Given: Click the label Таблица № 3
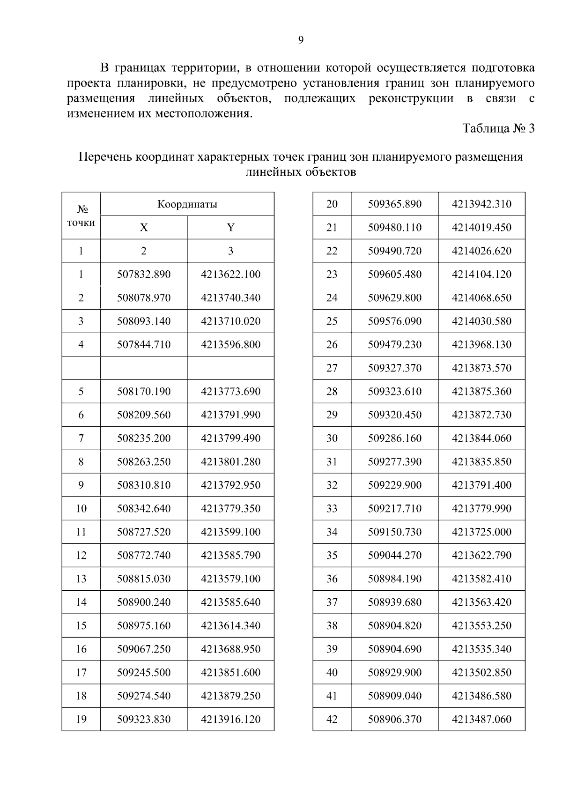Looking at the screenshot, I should [x=498, y=128].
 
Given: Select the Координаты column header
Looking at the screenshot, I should [x=187, y=204].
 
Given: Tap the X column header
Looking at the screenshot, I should [x=144, y=228].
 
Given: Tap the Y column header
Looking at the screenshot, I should [x=230, y=228].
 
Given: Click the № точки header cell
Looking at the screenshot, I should [x=81, y=216].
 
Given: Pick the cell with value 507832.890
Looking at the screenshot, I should [x=144, y=275].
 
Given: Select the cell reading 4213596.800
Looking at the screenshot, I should [x=230, y=345].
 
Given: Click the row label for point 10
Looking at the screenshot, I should [x=81, y=509].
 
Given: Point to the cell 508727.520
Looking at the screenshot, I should [x=144, y=532].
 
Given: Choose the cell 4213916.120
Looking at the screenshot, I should [x=230, y=720].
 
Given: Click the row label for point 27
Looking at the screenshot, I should [x=332, y=368].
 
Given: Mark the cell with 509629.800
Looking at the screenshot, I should [x=394, y=298].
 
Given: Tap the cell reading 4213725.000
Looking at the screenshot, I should [x=481, y=532].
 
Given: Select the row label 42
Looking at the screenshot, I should [x=332, y=720].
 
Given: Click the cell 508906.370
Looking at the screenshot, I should [x=394, y=720].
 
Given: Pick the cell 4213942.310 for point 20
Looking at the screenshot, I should [x=481, y=204].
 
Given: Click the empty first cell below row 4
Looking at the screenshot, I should [x=81, y=368].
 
